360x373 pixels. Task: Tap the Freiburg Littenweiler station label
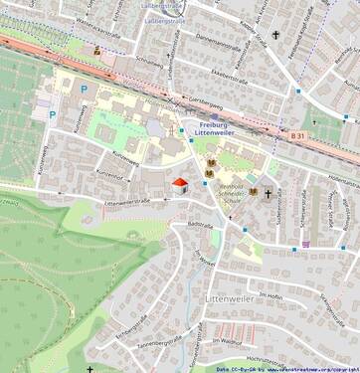tap(214, 128)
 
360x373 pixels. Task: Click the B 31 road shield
tap(298, 135)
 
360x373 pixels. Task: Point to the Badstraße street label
tap(200, 226)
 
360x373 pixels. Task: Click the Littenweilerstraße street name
tap(126, 200)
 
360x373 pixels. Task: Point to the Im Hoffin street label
tap(270, 295)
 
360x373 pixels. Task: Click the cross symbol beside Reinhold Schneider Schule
tap(268, 193)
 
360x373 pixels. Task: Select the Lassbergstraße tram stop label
tap(164, 18)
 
